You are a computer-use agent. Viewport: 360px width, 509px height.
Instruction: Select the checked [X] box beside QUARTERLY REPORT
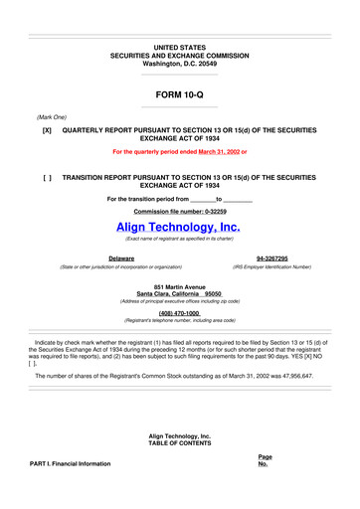click(47, 130)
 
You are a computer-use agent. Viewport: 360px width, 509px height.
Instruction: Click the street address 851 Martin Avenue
click(179, 287)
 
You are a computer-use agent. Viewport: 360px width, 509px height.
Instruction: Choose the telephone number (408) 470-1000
click(179, 313)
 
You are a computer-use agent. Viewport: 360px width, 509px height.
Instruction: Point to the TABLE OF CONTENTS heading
click(179, 443)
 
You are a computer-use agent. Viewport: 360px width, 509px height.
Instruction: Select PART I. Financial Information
click(72, 463)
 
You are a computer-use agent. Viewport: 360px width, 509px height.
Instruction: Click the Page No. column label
click(263, 459)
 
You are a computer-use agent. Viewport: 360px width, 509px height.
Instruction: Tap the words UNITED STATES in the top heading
click(179, 48)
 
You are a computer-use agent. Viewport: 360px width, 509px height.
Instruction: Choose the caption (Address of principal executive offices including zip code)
click(179, 303)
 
